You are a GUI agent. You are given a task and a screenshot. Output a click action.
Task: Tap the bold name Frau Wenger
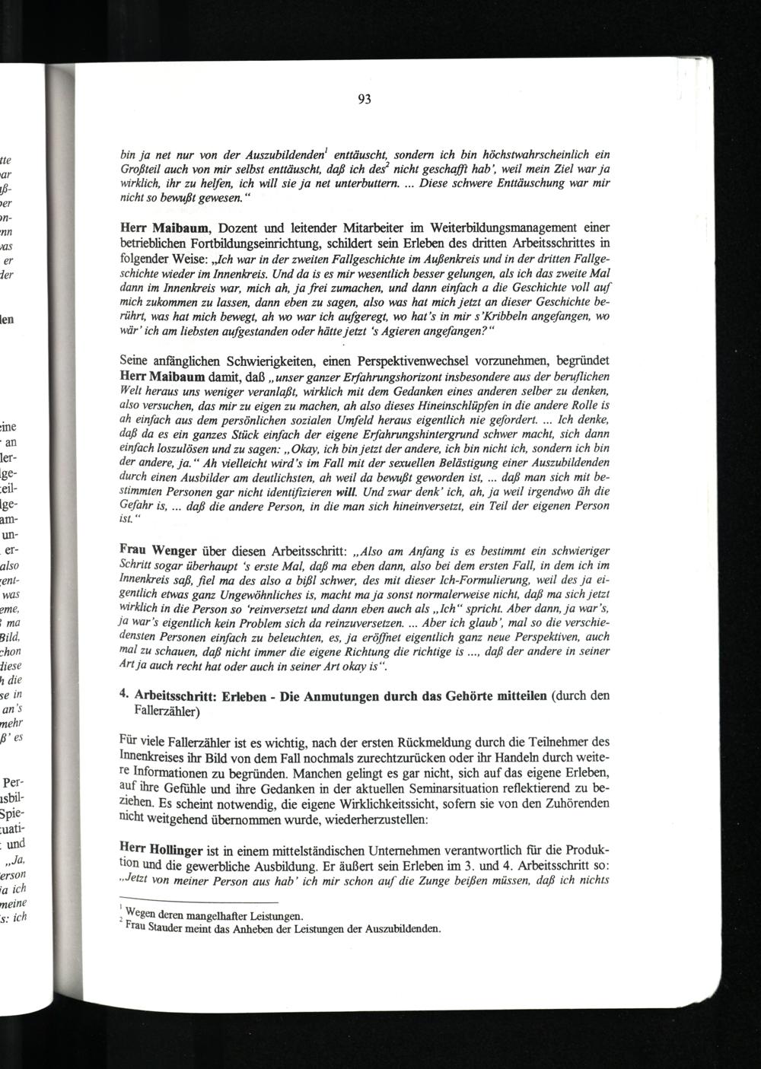pos(157,550)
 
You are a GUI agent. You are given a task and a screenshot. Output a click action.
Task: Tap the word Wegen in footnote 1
pos(142,915)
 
